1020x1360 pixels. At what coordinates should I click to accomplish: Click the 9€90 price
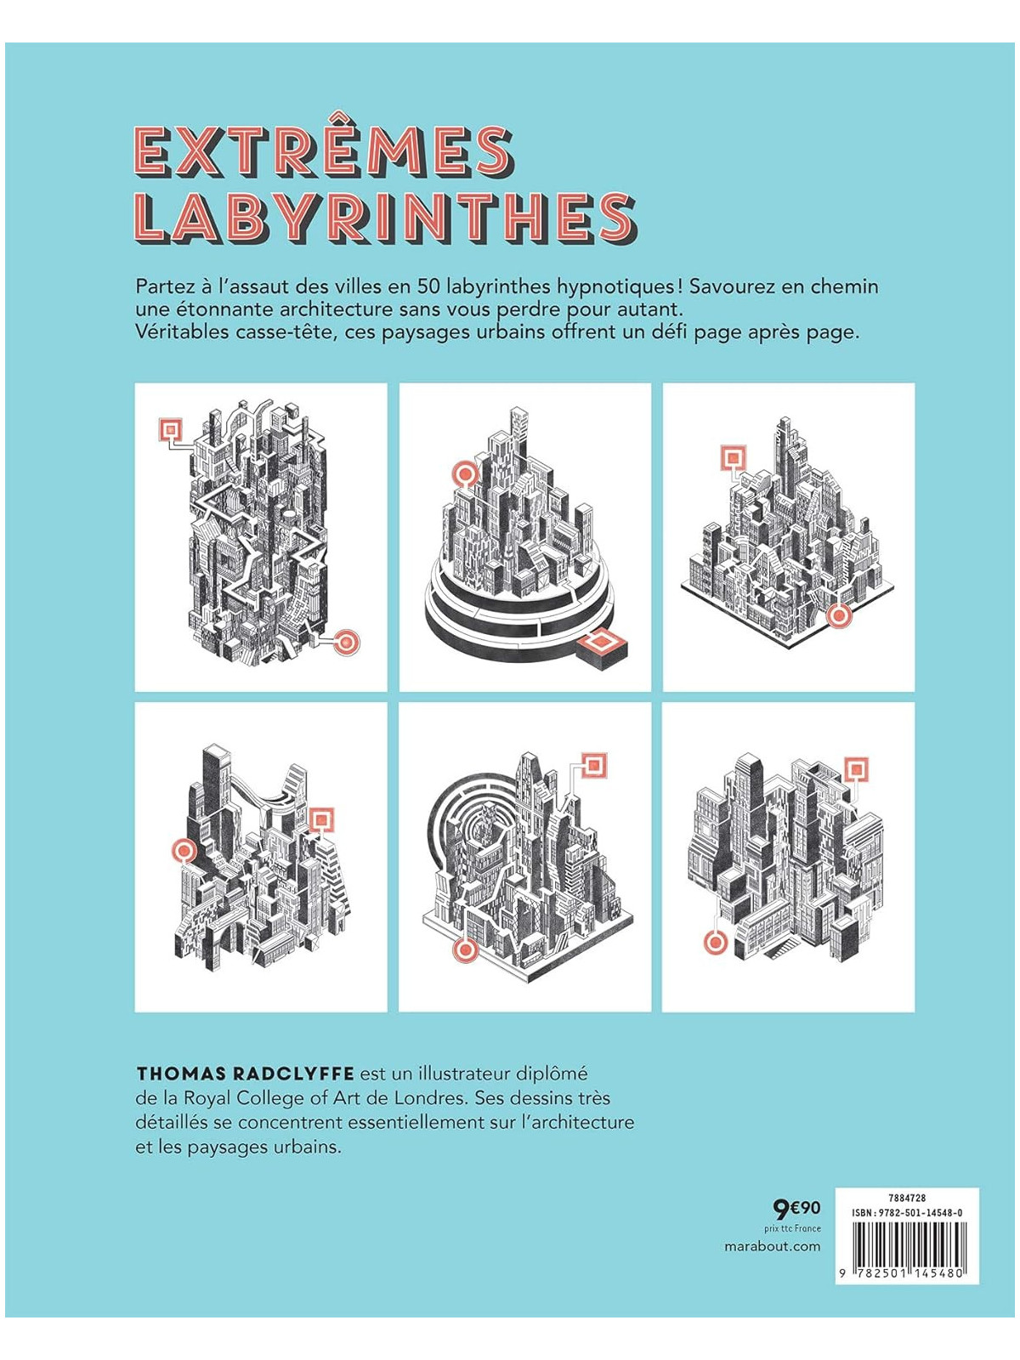(x=796, y=1208)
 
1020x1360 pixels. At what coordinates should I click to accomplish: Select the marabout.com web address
(x=773, y=1246)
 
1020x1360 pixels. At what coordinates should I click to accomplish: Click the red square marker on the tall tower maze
(x=171, y=429)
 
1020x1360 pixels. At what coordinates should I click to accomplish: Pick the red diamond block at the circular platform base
(x=603, y=640)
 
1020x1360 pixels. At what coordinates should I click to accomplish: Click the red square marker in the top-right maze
(x=732, y=459)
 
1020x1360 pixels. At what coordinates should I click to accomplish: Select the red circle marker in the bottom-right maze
(x=716, y=942)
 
